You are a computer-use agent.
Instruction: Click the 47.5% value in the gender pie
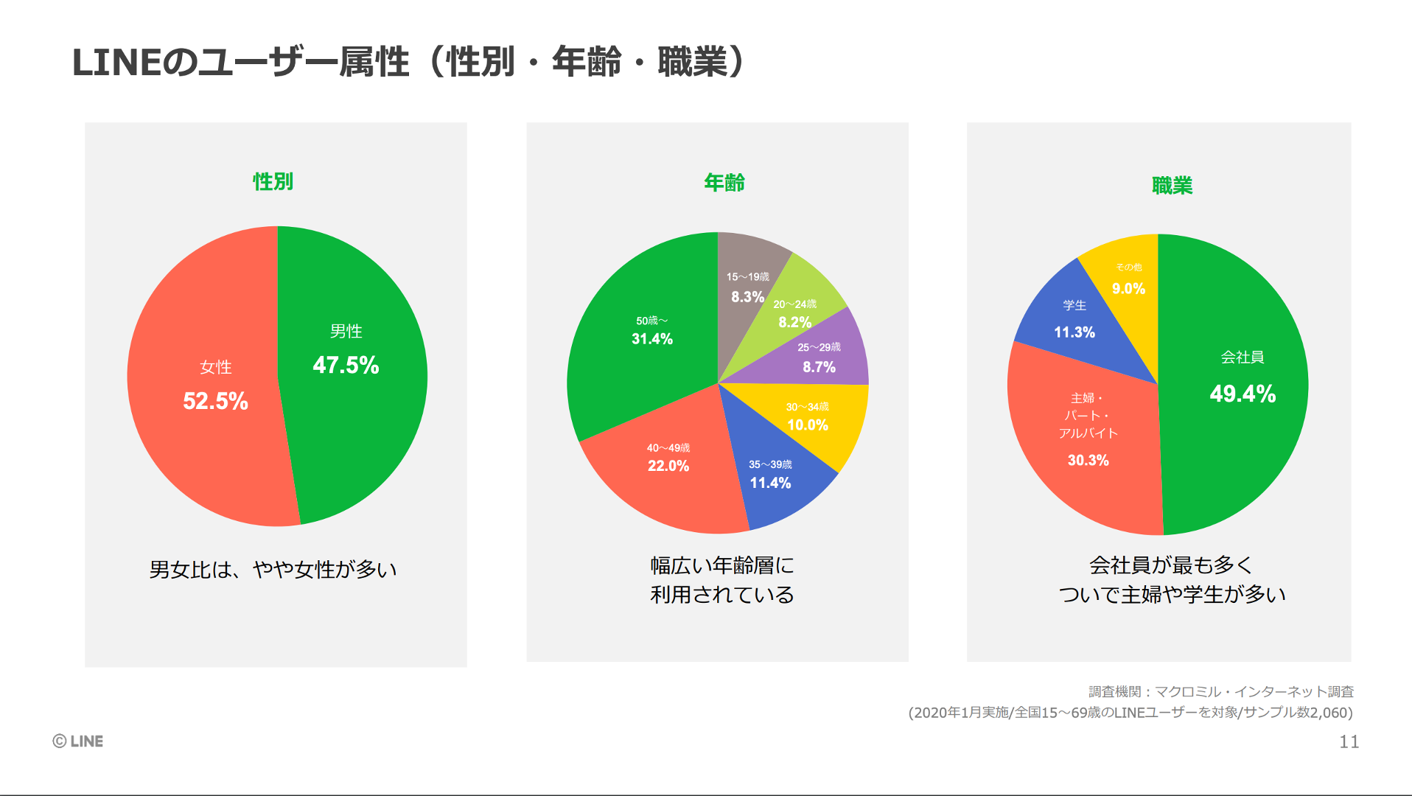click(346, 365)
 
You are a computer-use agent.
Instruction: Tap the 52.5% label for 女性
click(215, 401)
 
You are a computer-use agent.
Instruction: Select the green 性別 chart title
click(273, 181)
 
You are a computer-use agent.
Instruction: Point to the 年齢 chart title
click(724, 182)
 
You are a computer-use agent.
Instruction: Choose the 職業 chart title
click(1172, 186)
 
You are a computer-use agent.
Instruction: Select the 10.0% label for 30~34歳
click(808, 425)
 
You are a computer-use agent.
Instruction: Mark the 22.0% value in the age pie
click(668, 466)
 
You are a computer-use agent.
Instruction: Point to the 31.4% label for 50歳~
click(652, 339)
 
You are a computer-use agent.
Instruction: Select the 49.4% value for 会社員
click(1243, 394)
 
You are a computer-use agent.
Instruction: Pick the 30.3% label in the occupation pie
click(1088, 461)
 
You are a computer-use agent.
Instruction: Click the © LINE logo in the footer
click(78, 741)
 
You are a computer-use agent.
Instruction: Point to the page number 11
click(1349, 742)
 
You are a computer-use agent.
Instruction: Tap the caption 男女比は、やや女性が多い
click(273, 570)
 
